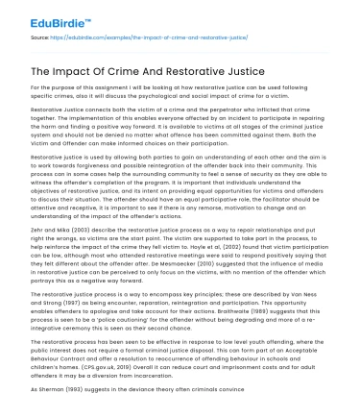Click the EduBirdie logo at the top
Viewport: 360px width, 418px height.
[47, 16]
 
